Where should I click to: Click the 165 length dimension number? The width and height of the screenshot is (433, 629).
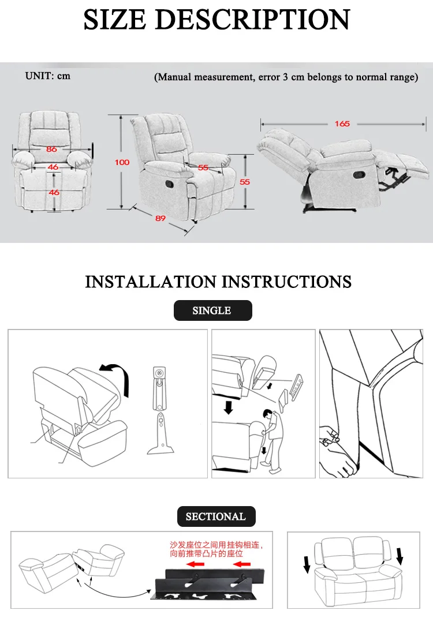(342, 124)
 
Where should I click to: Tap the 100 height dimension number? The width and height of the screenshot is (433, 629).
(122, 163)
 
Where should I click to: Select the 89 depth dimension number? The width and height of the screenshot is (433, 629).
(160, 218)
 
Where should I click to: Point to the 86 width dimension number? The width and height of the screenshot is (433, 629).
(51, 149)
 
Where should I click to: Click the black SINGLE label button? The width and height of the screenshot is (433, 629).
(212, 310)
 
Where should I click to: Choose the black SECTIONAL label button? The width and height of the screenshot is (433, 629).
(216, 516)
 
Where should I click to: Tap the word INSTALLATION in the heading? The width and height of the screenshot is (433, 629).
(151, 282)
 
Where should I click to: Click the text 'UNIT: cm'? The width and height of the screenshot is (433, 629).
(48, 76)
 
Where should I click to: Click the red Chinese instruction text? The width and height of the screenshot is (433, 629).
(216, 549)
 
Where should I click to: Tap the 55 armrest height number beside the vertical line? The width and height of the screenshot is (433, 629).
(245, 182)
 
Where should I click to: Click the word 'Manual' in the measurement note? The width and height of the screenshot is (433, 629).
(174, 77)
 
